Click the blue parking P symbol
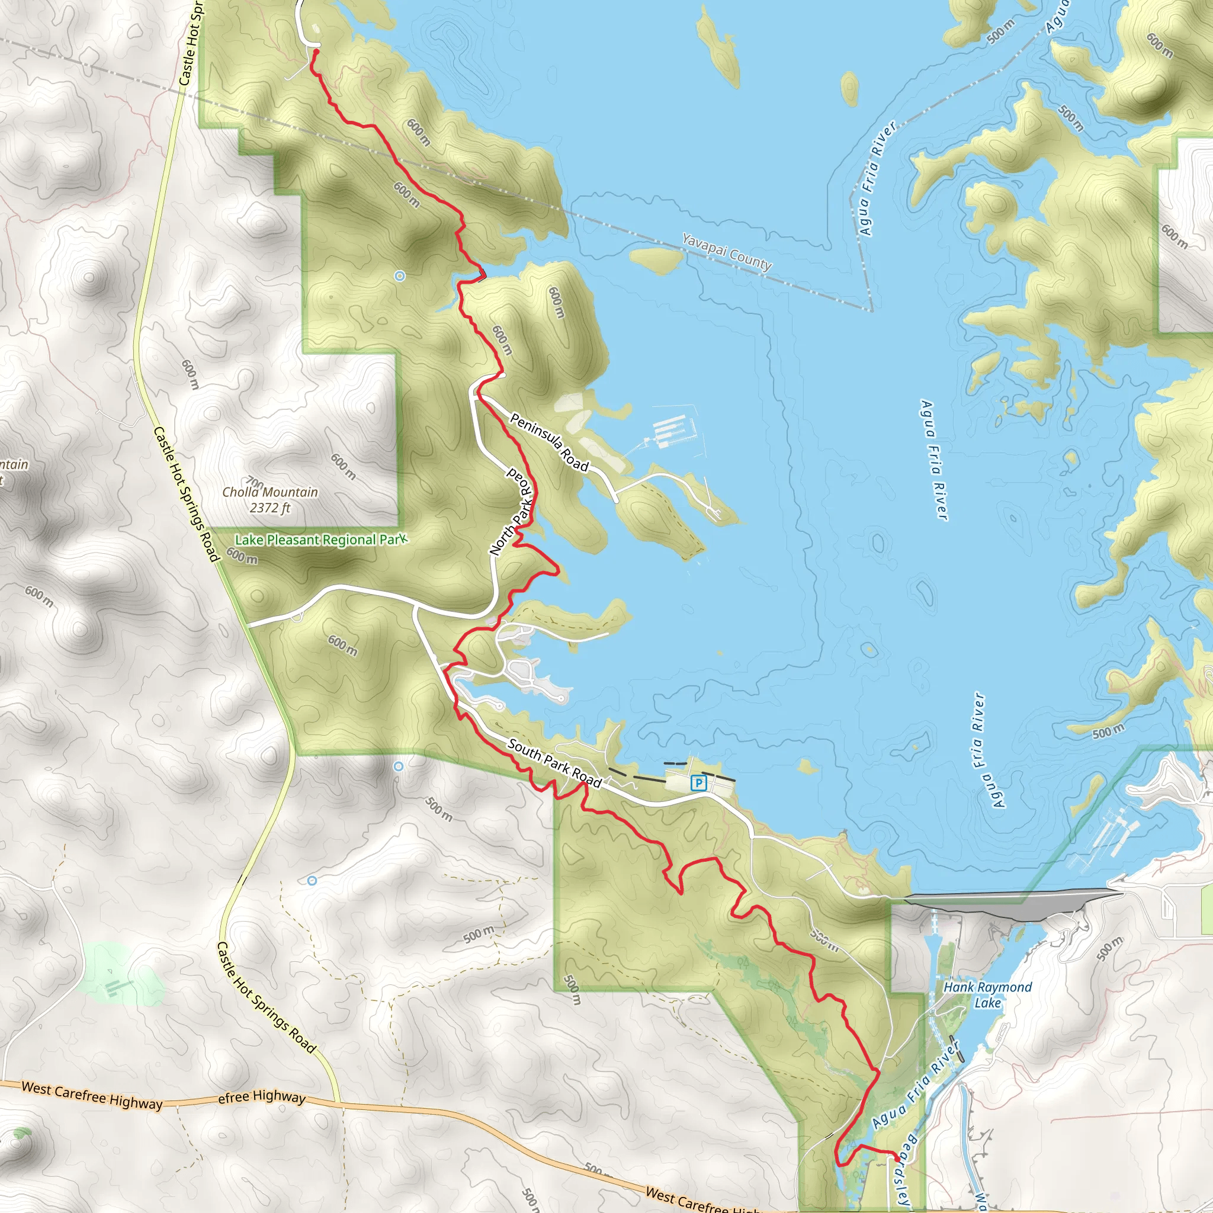coord(698,783)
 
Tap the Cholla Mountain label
coord(270,492)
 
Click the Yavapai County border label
coord(726,252)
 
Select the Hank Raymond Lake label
coord(987,994)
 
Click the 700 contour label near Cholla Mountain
coord(254,483)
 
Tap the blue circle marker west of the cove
coord(400,275)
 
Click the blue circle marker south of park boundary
coord(398,766)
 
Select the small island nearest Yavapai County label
coord(655,259)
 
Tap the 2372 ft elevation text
coord(270,508)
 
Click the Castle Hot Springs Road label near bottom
coord(265,997)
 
